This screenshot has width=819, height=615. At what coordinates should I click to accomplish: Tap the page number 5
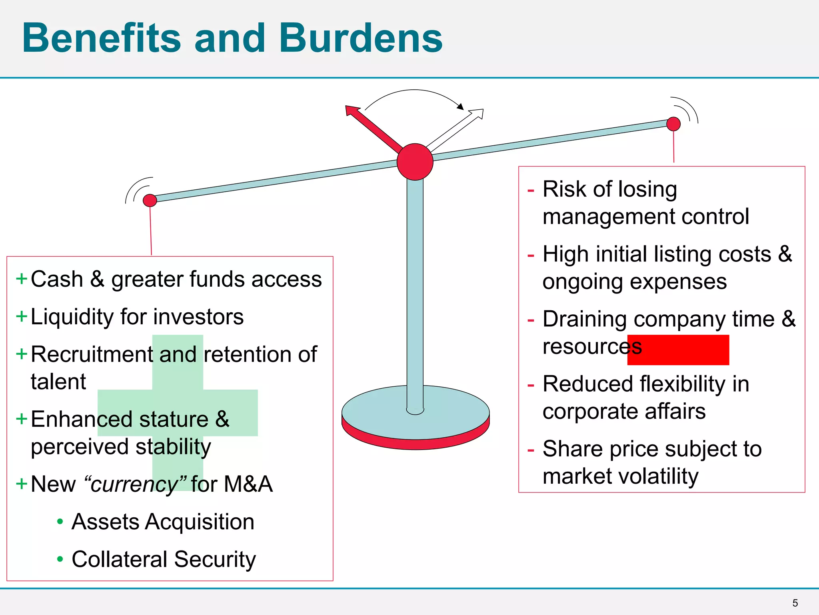pyautogui.click(x=795, y=603)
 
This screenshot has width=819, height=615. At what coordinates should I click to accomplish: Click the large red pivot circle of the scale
pyautogui.click(x=415, y=162)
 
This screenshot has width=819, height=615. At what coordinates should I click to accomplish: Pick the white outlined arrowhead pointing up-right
pyautogui.click(x=477, y=114)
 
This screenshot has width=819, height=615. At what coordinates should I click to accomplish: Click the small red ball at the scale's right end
pyautogui.click(x=673, y=124)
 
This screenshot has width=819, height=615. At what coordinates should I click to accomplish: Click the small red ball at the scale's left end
pyautogui.click(x=150, y=200)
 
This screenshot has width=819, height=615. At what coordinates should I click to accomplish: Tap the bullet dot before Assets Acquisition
pyautogui.click(x=60, y=521)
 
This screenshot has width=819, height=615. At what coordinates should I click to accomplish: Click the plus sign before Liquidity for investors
pyautogui.click(x=21, y=316)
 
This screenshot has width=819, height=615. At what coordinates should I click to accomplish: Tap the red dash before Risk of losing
pyautogui.click(x=531, y=190)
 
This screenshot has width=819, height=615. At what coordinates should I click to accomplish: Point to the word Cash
pyautogui.click(x=57, y=279)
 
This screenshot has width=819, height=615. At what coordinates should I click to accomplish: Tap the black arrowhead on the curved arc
pyautogui.click(x=460, y=107)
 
